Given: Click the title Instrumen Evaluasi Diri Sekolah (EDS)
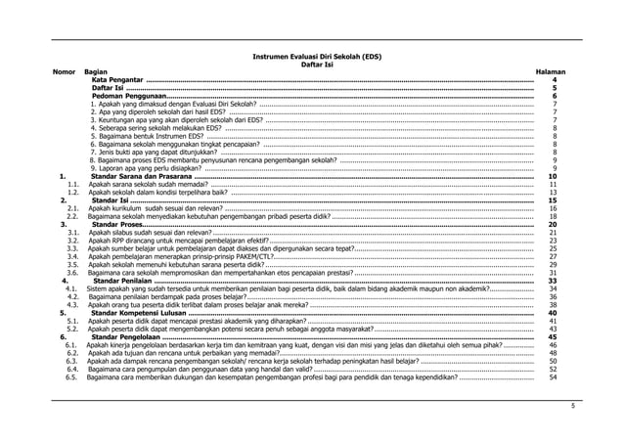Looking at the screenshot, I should coord(312,58).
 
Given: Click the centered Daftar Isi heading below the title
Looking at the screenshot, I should coord(312,66).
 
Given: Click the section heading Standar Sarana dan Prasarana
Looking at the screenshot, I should coord(148,176).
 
